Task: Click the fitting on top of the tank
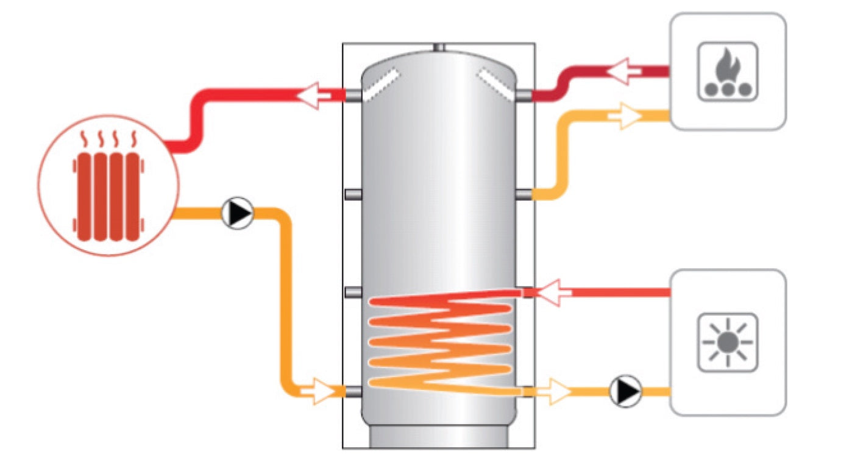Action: click(x=439, y=47)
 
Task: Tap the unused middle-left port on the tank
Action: click(x=353, y=194)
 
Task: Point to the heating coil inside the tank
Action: click(x=439, y=344)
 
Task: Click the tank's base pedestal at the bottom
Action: click(x=439, y=437)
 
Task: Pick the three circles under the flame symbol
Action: click(x=727, y=89)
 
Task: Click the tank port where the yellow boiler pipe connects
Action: click(x=524, y=194)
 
